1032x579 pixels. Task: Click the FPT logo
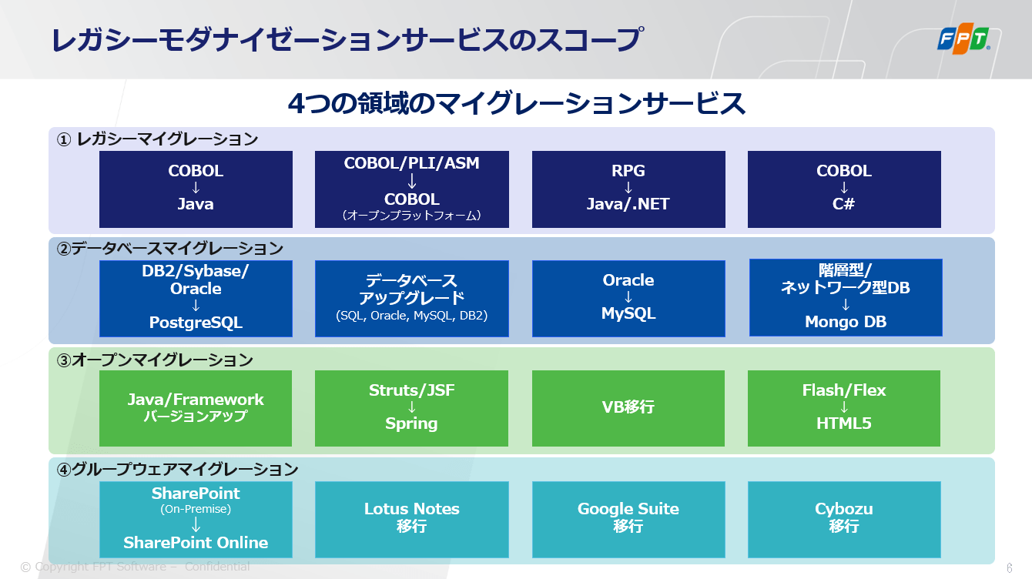[963, 38]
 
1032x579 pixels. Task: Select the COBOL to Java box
[196, 189]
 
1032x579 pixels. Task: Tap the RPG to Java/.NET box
[628, 189]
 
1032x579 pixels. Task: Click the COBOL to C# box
[844, 189]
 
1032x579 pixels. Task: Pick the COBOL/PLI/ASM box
[412, 189]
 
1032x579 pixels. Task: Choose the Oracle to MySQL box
[628, 299]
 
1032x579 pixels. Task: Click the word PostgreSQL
[196, 323]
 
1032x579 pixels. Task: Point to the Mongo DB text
[846, 322]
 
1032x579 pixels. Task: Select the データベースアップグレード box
[412, 299]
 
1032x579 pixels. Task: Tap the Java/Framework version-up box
[196, 408]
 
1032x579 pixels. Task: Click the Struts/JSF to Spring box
[411, 408]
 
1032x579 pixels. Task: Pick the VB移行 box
[628, 408]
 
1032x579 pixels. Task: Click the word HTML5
[844, 423]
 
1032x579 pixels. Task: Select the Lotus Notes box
[412, 520]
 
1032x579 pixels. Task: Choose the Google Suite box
[628, 520]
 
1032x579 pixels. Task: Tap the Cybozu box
[844, 520]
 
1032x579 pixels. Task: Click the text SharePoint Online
[196, 543]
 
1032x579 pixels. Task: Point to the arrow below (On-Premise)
[196, 524]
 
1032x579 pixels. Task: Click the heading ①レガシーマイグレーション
[157, 139]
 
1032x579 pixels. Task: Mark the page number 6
[1010, 567]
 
